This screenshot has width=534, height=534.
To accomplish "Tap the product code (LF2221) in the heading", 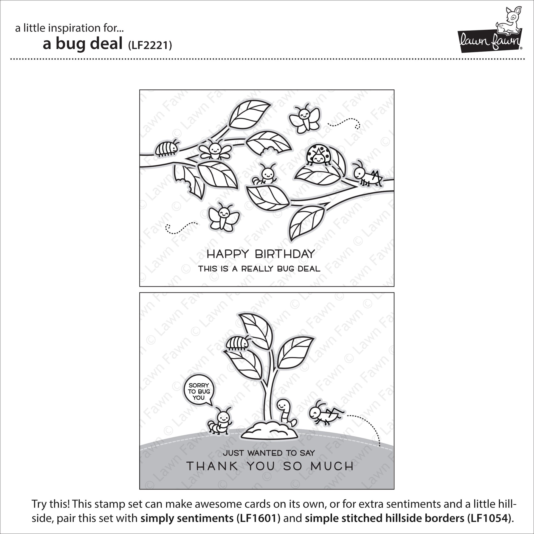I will click(150, 45).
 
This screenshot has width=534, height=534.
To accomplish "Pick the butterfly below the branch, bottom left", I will click(224, 217).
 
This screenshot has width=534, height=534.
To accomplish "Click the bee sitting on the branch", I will click(214, 150).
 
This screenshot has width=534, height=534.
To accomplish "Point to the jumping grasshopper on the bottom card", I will click(326, 414).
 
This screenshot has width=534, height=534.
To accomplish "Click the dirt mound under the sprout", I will click(269, 431).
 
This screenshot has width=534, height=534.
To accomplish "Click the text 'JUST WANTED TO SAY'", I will click(269, 453).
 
